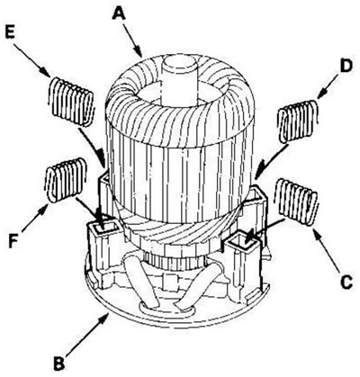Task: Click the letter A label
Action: tap(120, 13)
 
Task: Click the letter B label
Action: tap(59, 363)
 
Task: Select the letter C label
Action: tap(346, 281)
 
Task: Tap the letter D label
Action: tap(346, 67)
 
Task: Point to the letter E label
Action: tap(11, 32)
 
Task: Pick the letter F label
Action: tap(13, 240)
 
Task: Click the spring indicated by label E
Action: tap(71, 102)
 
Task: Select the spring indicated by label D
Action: tap(298, 121)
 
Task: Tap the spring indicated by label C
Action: tap(297, 201)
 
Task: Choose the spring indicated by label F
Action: tap(66, 180)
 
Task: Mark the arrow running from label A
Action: tap(133, 40)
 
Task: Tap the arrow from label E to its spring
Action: tap(32, 58)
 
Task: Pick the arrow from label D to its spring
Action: tap(328, 86)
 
